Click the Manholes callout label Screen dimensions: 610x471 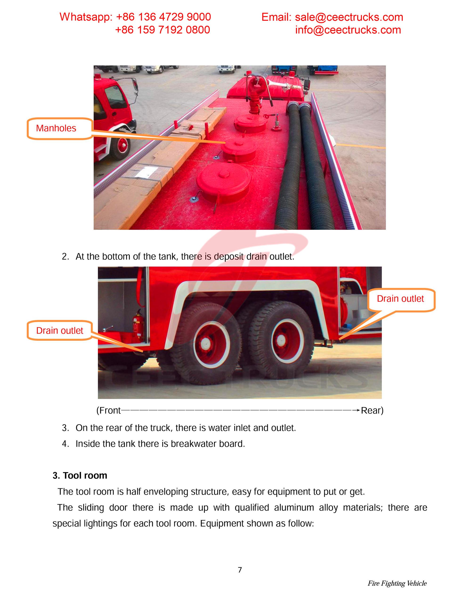click(x=56, y=128)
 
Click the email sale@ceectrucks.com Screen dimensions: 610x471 click(x=349, y=17)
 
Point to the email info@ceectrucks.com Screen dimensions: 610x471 click(x=348, y=30)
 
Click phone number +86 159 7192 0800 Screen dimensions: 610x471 click(x=162, y=30)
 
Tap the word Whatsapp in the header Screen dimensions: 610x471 click(x=85, y=17)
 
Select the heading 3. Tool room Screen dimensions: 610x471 click(x=80, y=475)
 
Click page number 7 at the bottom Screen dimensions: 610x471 click(x=240, y=570)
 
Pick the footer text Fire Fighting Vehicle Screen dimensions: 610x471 click(x=397, y=583)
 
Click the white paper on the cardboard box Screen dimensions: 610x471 click(x=145, y=172)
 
